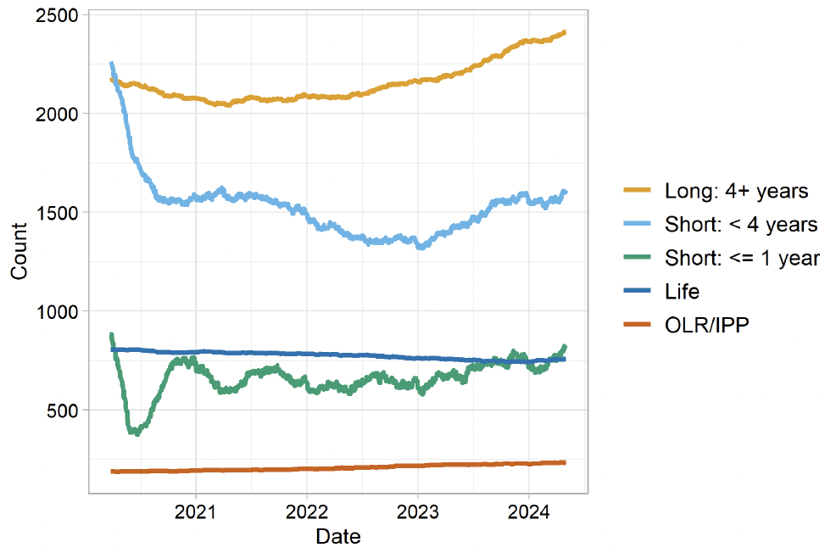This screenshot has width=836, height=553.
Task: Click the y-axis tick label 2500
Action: (x=57, y=15)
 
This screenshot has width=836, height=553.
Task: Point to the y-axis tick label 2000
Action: (x=57, y=114)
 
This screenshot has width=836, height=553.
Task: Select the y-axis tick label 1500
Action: (x=57, y=213)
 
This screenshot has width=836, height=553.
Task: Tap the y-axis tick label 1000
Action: (x=57, y=311)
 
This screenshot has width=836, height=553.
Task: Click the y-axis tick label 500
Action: (x=62, y=411)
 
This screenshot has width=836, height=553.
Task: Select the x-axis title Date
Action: (x=337, y=537)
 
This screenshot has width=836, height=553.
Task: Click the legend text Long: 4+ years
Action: (x=736, y=191)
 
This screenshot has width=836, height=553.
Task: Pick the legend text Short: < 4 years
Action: (x=741, y=225)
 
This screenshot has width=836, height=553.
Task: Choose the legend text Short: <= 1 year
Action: (x=742, y=258)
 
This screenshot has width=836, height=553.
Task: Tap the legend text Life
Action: (x=682, y=292)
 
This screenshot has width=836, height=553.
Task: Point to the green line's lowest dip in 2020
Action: (x=134, y=433)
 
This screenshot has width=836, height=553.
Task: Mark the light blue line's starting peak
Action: (x=111, y=64)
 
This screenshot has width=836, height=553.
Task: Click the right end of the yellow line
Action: (x=565, y=32)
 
